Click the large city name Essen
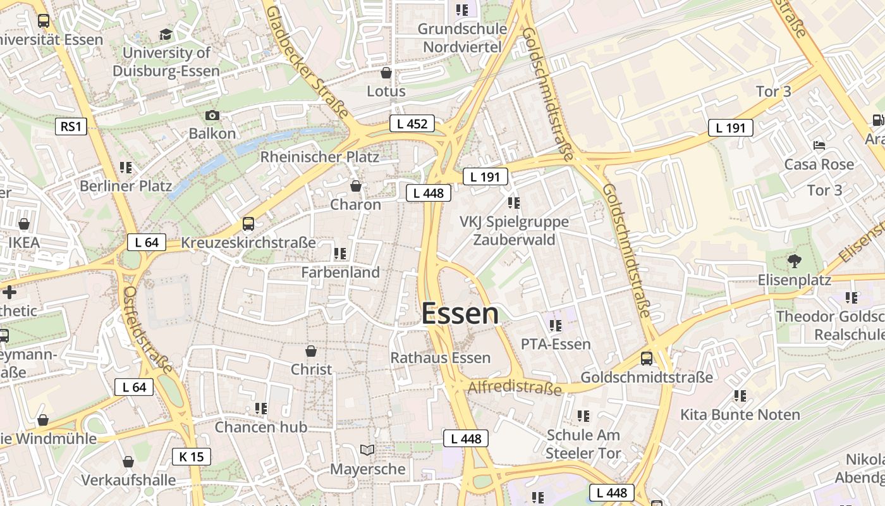pyautogui.click(x=460, y=314)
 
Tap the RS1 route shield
pyautogui.click(x=70, y=126)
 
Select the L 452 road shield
pyautogui.click(x=412, y=124)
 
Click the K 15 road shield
pyautogui.click(x=191, y=456)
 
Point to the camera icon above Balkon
pyautogui.click(x=212, y=115)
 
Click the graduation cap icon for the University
pyautogui.click(x=166, y=34)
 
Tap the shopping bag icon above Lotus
pyautogui.click(x=386, y=73)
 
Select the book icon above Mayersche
pyautogui.click(x=367, y=450)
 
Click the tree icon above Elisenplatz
pyautogui.click(x=793, y=260)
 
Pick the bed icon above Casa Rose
pyautogui.click(x=819, y=145)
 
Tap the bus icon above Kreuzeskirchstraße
pyautogui.click(x=248, y=224)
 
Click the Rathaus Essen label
pyautogui.click(x=440, y=358)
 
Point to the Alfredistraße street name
pyautogui.click(x=515, y=386)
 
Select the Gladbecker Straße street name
pyautogui.click(x=307, y=62)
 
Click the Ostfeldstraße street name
pyautogui.click(x=147, y=329)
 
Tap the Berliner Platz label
pyautogui.click(x=125, y=186)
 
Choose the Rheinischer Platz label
pyautogui.click(x=319, y=157)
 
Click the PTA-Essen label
pyautogui.click(x=556, y=344)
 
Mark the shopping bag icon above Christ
pyautogui.click(x=310, y=351)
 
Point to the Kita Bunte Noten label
pyautogui.click(x=740, y=415)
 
